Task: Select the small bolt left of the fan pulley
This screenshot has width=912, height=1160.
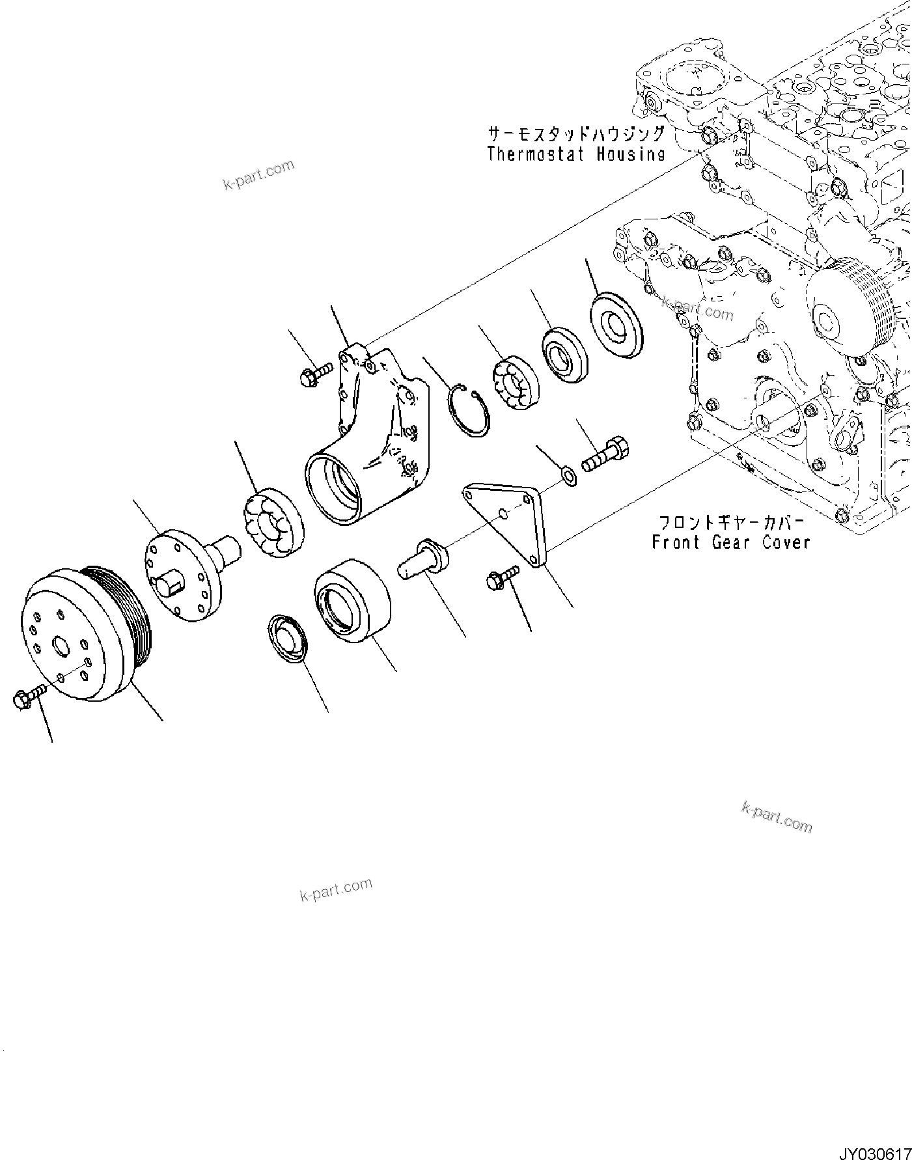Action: tap(26, 698)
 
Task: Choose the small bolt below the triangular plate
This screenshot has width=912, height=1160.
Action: tap(502, 574)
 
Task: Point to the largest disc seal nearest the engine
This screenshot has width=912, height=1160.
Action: tap(615, 325)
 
